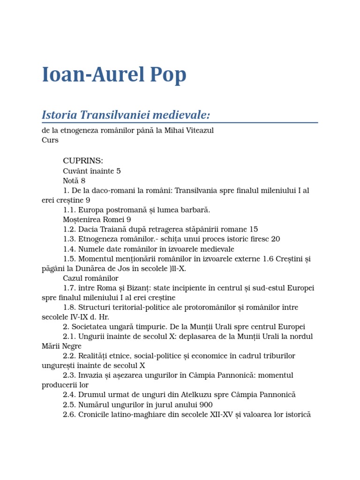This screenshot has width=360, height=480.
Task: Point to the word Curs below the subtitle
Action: click(x=50, y=140)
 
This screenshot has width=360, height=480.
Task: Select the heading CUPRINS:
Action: click(x=83, y=161)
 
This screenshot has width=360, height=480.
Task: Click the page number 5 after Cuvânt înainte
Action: click(x=119, y=171)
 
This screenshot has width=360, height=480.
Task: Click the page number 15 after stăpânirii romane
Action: click(x=254, y=229)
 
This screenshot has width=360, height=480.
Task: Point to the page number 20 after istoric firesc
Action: click(x=275, y=239)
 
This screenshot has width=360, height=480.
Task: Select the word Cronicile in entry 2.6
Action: click(x=94, y=414)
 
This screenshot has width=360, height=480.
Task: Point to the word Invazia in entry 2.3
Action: click(x=91, y=375)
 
